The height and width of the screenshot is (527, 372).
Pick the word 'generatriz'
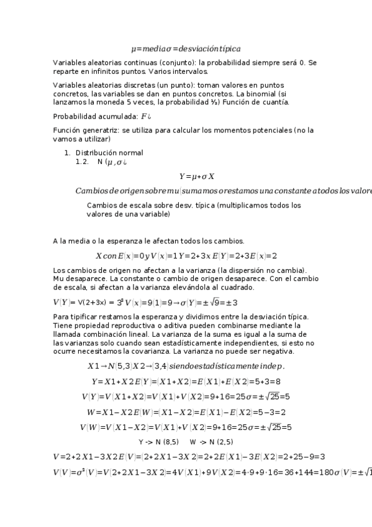coord(100,131)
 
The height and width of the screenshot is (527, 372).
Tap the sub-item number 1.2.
coord(83,162)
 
